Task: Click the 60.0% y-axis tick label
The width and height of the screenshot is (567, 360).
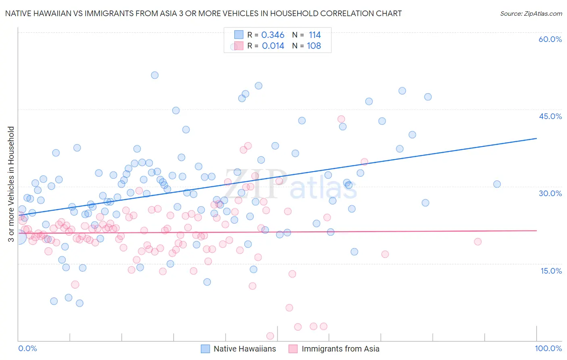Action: (x=550, y=39)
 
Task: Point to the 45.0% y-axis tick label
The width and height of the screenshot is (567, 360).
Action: (x=550, y=116)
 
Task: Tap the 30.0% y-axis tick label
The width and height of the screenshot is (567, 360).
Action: (x=550, y=193)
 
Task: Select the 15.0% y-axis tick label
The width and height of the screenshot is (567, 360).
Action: (x=551, y=271)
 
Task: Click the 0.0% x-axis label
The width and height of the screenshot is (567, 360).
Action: (x=27, y=348)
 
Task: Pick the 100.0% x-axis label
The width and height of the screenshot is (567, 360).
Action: (x=548, y=348)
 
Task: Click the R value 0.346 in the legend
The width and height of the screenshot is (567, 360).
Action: (x=273, y=35)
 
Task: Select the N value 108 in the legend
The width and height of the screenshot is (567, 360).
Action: (x=314, y=46)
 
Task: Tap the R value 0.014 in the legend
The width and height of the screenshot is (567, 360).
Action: (x=273, y=46)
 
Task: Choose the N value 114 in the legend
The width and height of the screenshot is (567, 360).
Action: (x=315, y=35)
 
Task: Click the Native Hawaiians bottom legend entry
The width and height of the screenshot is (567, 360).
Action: (x=244, y=349)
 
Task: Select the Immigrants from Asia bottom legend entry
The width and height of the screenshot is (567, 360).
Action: (x=340, y=349)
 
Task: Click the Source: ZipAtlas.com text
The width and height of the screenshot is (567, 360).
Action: (x=531, y=14)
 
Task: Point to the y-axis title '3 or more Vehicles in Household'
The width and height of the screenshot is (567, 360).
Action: (x=11, y=184)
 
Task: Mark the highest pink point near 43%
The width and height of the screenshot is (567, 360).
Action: (x=341, y=119)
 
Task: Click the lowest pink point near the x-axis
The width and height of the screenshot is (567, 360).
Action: (x=270, y=336)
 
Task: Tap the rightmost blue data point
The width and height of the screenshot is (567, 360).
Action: (x=497, y=184)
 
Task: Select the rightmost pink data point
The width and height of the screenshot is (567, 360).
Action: (x=477, y=242)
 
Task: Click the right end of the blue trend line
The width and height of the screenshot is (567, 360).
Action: (x=536, y=138)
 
